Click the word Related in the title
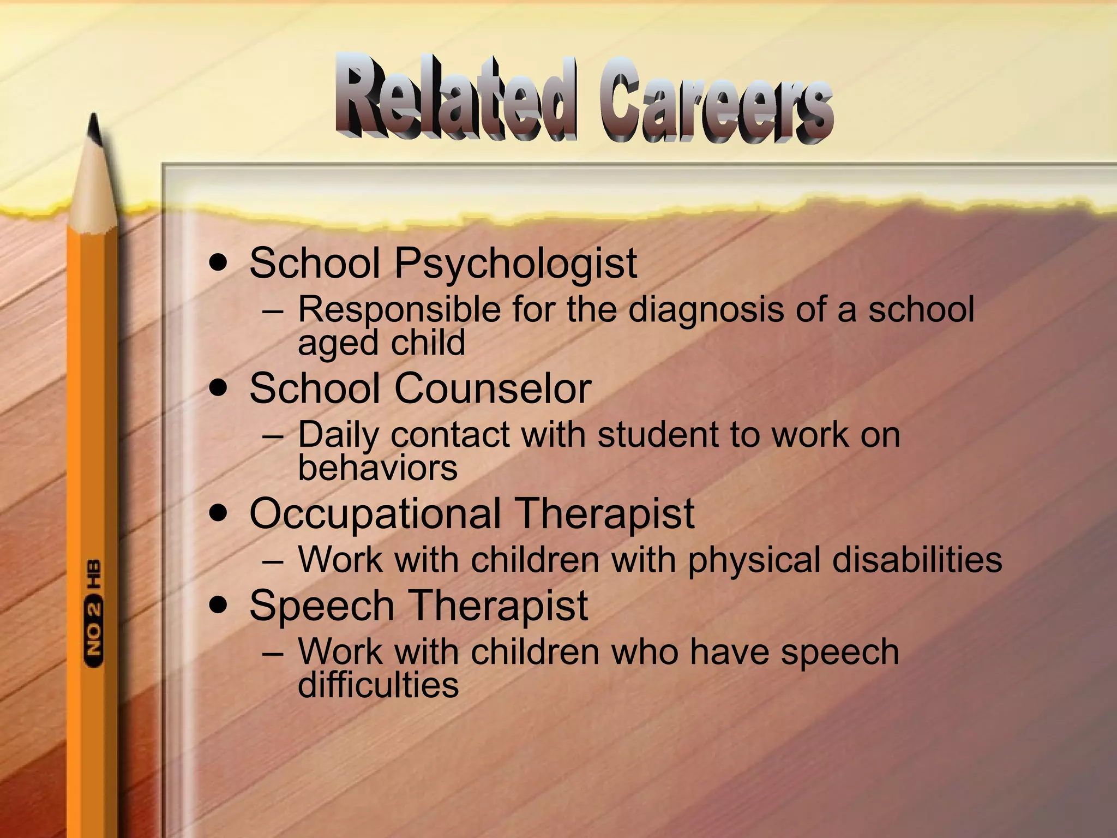pyautogui.click(x=455, y=98)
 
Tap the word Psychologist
pyautogui.click(x=515, y=264)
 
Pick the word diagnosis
pyautogui.click(x=706, y=310)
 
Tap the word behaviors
pyautogui.click(x=377, y=468)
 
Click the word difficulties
pyautogui.click(x=378, y=685)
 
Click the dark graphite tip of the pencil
pyautogui.click(x=94, y=128)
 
